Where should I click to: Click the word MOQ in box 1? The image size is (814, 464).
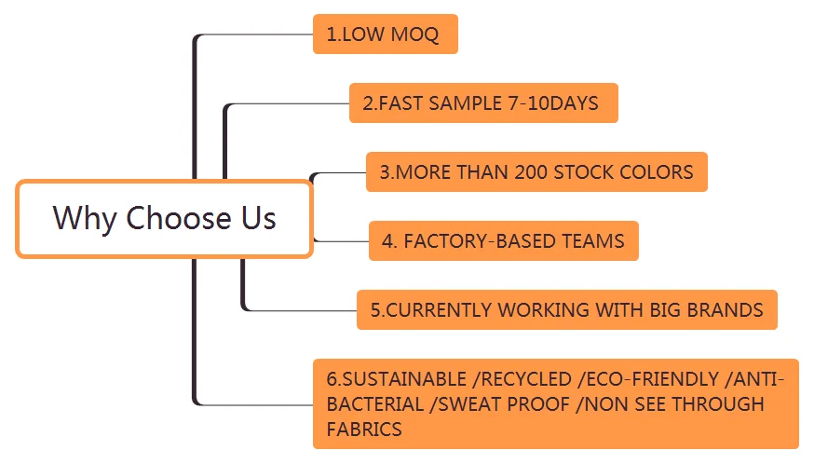coord(414,34)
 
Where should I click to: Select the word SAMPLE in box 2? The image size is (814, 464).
coord(465,103)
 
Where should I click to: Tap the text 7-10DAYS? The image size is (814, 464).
coord(553,103)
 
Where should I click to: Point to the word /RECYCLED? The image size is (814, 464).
coord(522,379)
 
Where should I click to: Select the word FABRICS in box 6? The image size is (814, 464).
coord(364,430)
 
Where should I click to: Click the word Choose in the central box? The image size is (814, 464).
coord(179,218)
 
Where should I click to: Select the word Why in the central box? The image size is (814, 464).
coord(85,219)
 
